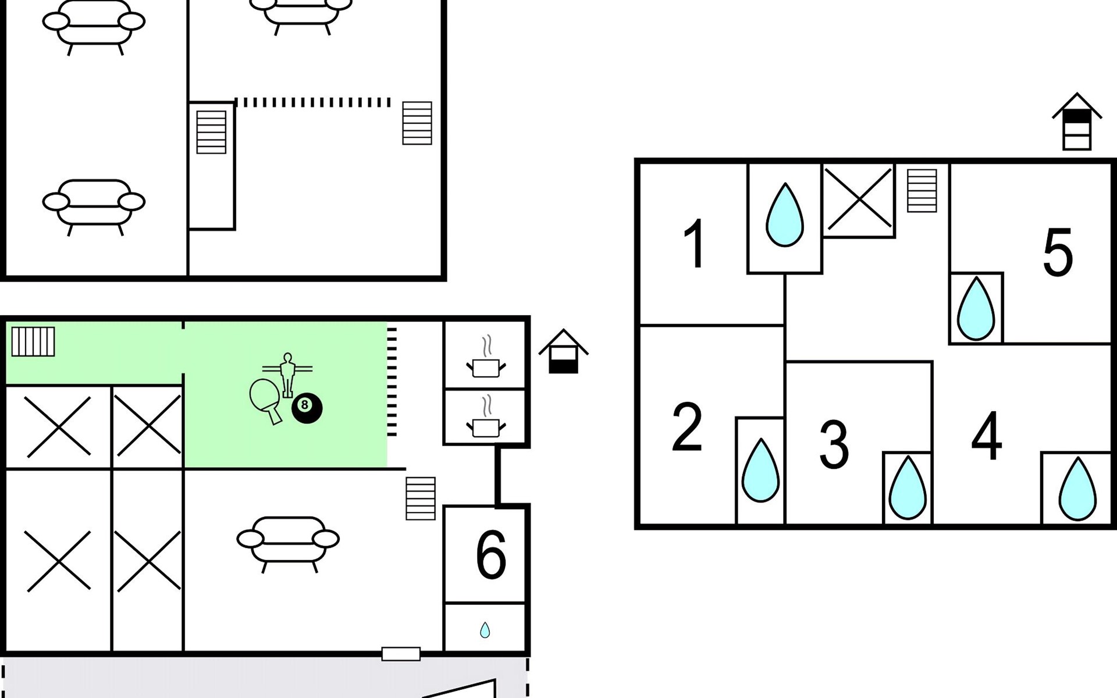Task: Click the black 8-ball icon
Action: click(307, 408)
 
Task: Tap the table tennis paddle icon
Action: click(265, 399)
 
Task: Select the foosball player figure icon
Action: click(287, 373)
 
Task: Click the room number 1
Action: click(694, 244)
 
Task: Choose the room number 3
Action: click(834, 444)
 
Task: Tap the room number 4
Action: click(987, 436)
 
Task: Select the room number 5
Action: click(1058, 253)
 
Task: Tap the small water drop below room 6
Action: click(485, 630)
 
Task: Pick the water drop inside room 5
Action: click(976, 309)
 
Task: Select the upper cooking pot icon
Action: click(486, 358)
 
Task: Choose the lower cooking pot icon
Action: click(486, 418)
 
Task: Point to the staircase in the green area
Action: click(33, 341)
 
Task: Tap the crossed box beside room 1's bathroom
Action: click(859, 200)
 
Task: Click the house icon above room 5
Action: click(1076, 123)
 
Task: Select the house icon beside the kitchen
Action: click(563, 352)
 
